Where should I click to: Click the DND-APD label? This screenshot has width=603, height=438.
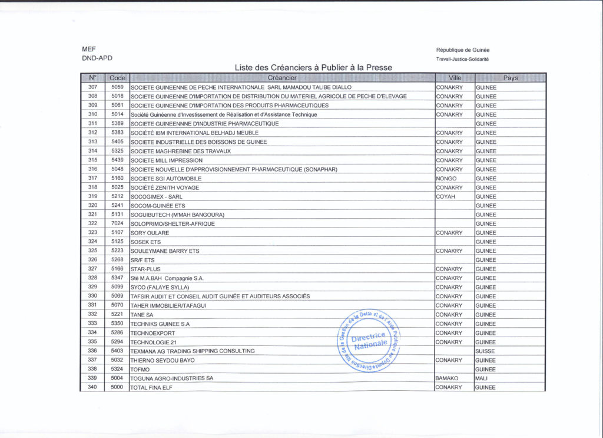97,58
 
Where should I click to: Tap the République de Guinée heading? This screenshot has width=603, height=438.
462,50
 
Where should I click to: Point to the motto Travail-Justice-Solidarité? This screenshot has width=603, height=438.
462,59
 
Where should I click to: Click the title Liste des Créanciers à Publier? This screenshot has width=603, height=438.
313,68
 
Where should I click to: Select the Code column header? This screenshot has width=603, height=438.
117,78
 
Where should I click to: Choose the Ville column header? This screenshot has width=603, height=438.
455,78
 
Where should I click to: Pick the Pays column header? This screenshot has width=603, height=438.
510,78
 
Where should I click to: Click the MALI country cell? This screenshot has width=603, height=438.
482,378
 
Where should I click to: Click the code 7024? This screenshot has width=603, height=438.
117,223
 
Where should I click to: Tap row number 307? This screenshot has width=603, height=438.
92,87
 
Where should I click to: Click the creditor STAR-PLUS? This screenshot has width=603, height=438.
145,269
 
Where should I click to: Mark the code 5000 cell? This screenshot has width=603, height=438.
117,387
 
